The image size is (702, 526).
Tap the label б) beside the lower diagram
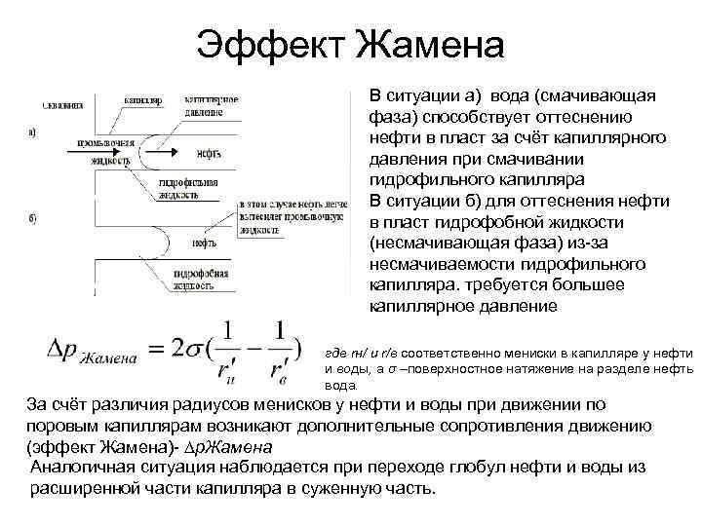34,218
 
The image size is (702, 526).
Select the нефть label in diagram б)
204,243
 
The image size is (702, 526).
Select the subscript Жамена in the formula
105,358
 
